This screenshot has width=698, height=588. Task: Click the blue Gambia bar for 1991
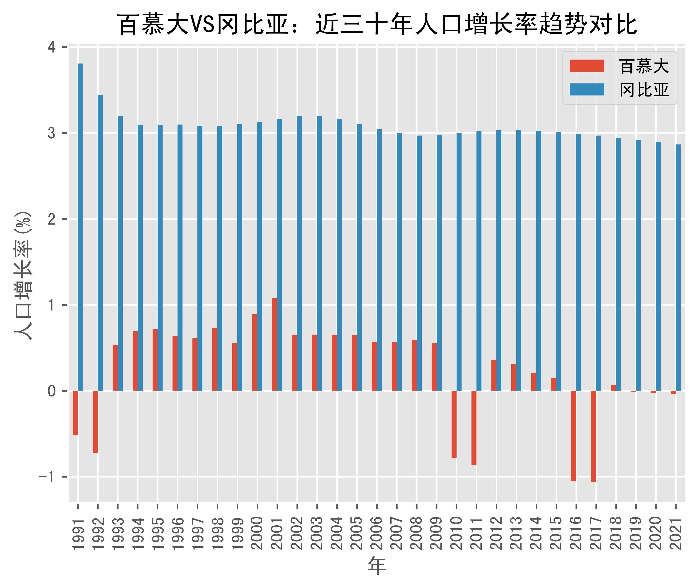[x=80, y=227]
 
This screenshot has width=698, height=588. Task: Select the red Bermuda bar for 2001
[x=274, y=344]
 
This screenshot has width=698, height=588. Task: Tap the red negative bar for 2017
[x=593, y=436]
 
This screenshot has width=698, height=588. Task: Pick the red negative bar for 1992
[x=95, y=422]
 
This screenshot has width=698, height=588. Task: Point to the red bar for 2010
[x=454, y=424]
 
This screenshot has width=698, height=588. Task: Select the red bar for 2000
[x=255, y=352]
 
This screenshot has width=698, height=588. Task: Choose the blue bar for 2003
[x=320, y=253]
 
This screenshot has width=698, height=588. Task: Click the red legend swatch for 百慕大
[x=587, y=66]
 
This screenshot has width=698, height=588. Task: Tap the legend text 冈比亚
[x=644, y=90]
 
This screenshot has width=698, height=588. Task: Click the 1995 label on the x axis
[x=158, y=534]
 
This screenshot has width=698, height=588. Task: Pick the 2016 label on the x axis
[x=576, y=534]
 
